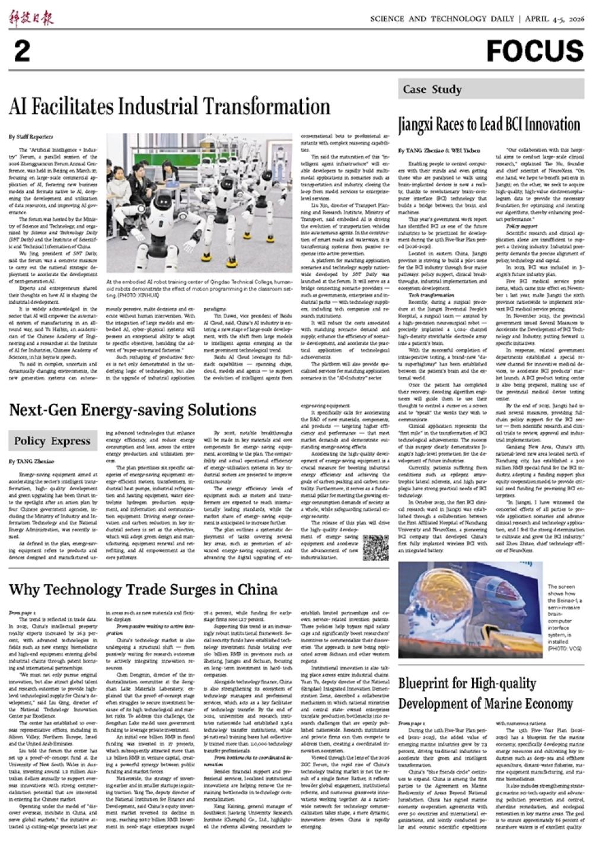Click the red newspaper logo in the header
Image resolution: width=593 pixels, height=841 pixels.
[x=31, y=18]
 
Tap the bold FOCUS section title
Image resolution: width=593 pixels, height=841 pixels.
[x=535, y=51]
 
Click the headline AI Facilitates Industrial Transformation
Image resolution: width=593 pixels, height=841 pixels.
[x=170, y=107]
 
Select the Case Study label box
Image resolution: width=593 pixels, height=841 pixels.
[x=432, y=90]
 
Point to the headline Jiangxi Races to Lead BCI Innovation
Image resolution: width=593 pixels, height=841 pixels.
[x=489, y=125]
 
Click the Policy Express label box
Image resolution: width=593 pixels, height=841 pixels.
[x=52, y=440]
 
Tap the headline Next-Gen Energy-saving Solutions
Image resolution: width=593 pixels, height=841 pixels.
[x=124, y=410]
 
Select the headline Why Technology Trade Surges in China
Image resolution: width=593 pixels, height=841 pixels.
[x=144, y=589]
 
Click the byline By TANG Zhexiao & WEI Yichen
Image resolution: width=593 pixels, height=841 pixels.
[x=439, y=151]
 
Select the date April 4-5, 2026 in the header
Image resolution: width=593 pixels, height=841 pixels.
[x=553, y=19]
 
